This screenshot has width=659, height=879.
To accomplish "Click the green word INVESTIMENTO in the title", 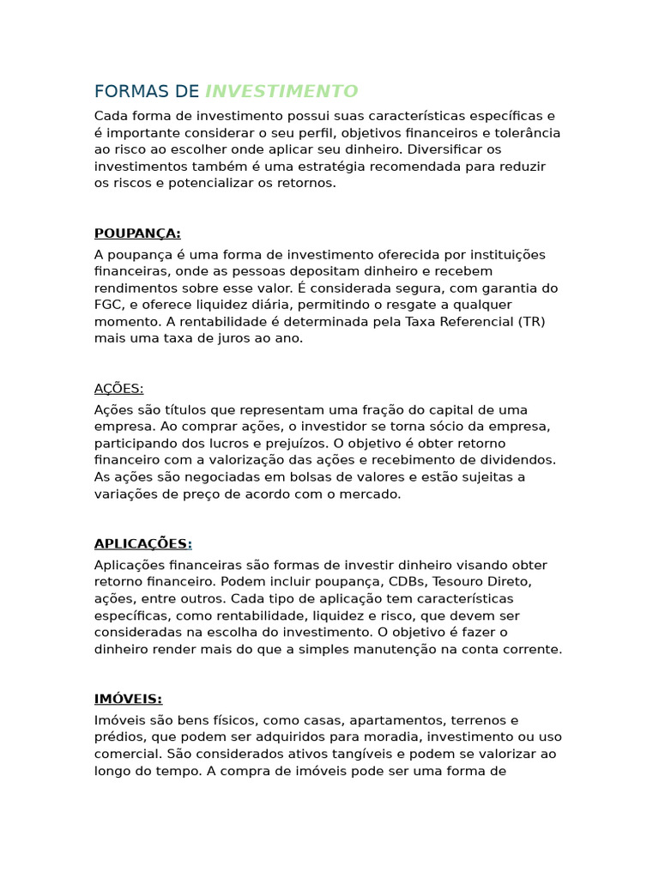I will coord(281,92).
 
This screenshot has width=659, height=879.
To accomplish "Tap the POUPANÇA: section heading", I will coord(137,233).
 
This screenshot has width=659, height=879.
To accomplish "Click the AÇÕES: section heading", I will coord(118,389).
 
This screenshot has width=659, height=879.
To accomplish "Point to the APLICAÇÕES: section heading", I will coord(142,544).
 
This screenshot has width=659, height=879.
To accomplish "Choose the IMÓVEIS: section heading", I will coord(128,700).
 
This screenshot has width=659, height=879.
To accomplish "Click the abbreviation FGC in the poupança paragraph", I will coord(108,305).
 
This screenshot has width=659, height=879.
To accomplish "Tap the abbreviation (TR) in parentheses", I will coord(530,322).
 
